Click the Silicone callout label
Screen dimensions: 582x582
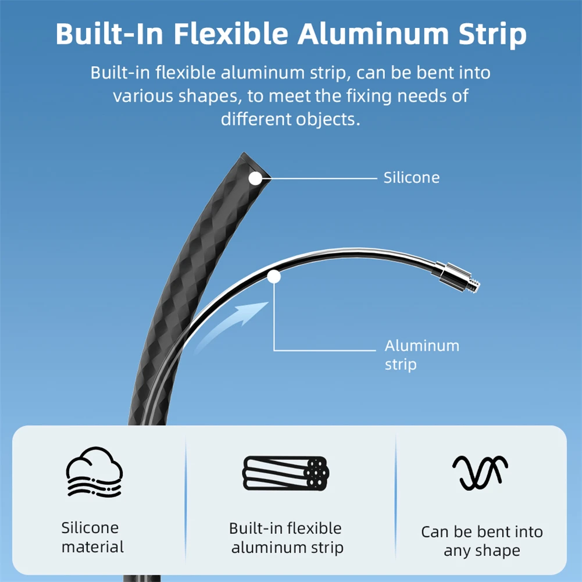click(x=411, y=177)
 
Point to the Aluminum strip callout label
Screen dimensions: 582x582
click(x=422, y=355)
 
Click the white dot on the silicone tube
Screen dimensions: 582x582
click(x=255, y=178)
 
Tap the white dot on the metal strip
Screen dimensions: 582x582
click(x=274, y=277)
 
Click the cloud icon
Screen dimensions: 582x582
click(x=94, y=471)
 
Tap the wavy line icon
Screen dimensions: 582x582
click(x=480, y=472)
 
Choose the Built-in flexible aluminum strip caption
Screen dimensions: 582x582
click(x=286, y=537)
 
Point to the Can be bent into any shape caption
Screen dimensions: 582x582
click(x=481, y=541)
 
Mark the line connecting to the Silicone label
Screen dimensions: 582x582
click(x=323, y=178)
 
